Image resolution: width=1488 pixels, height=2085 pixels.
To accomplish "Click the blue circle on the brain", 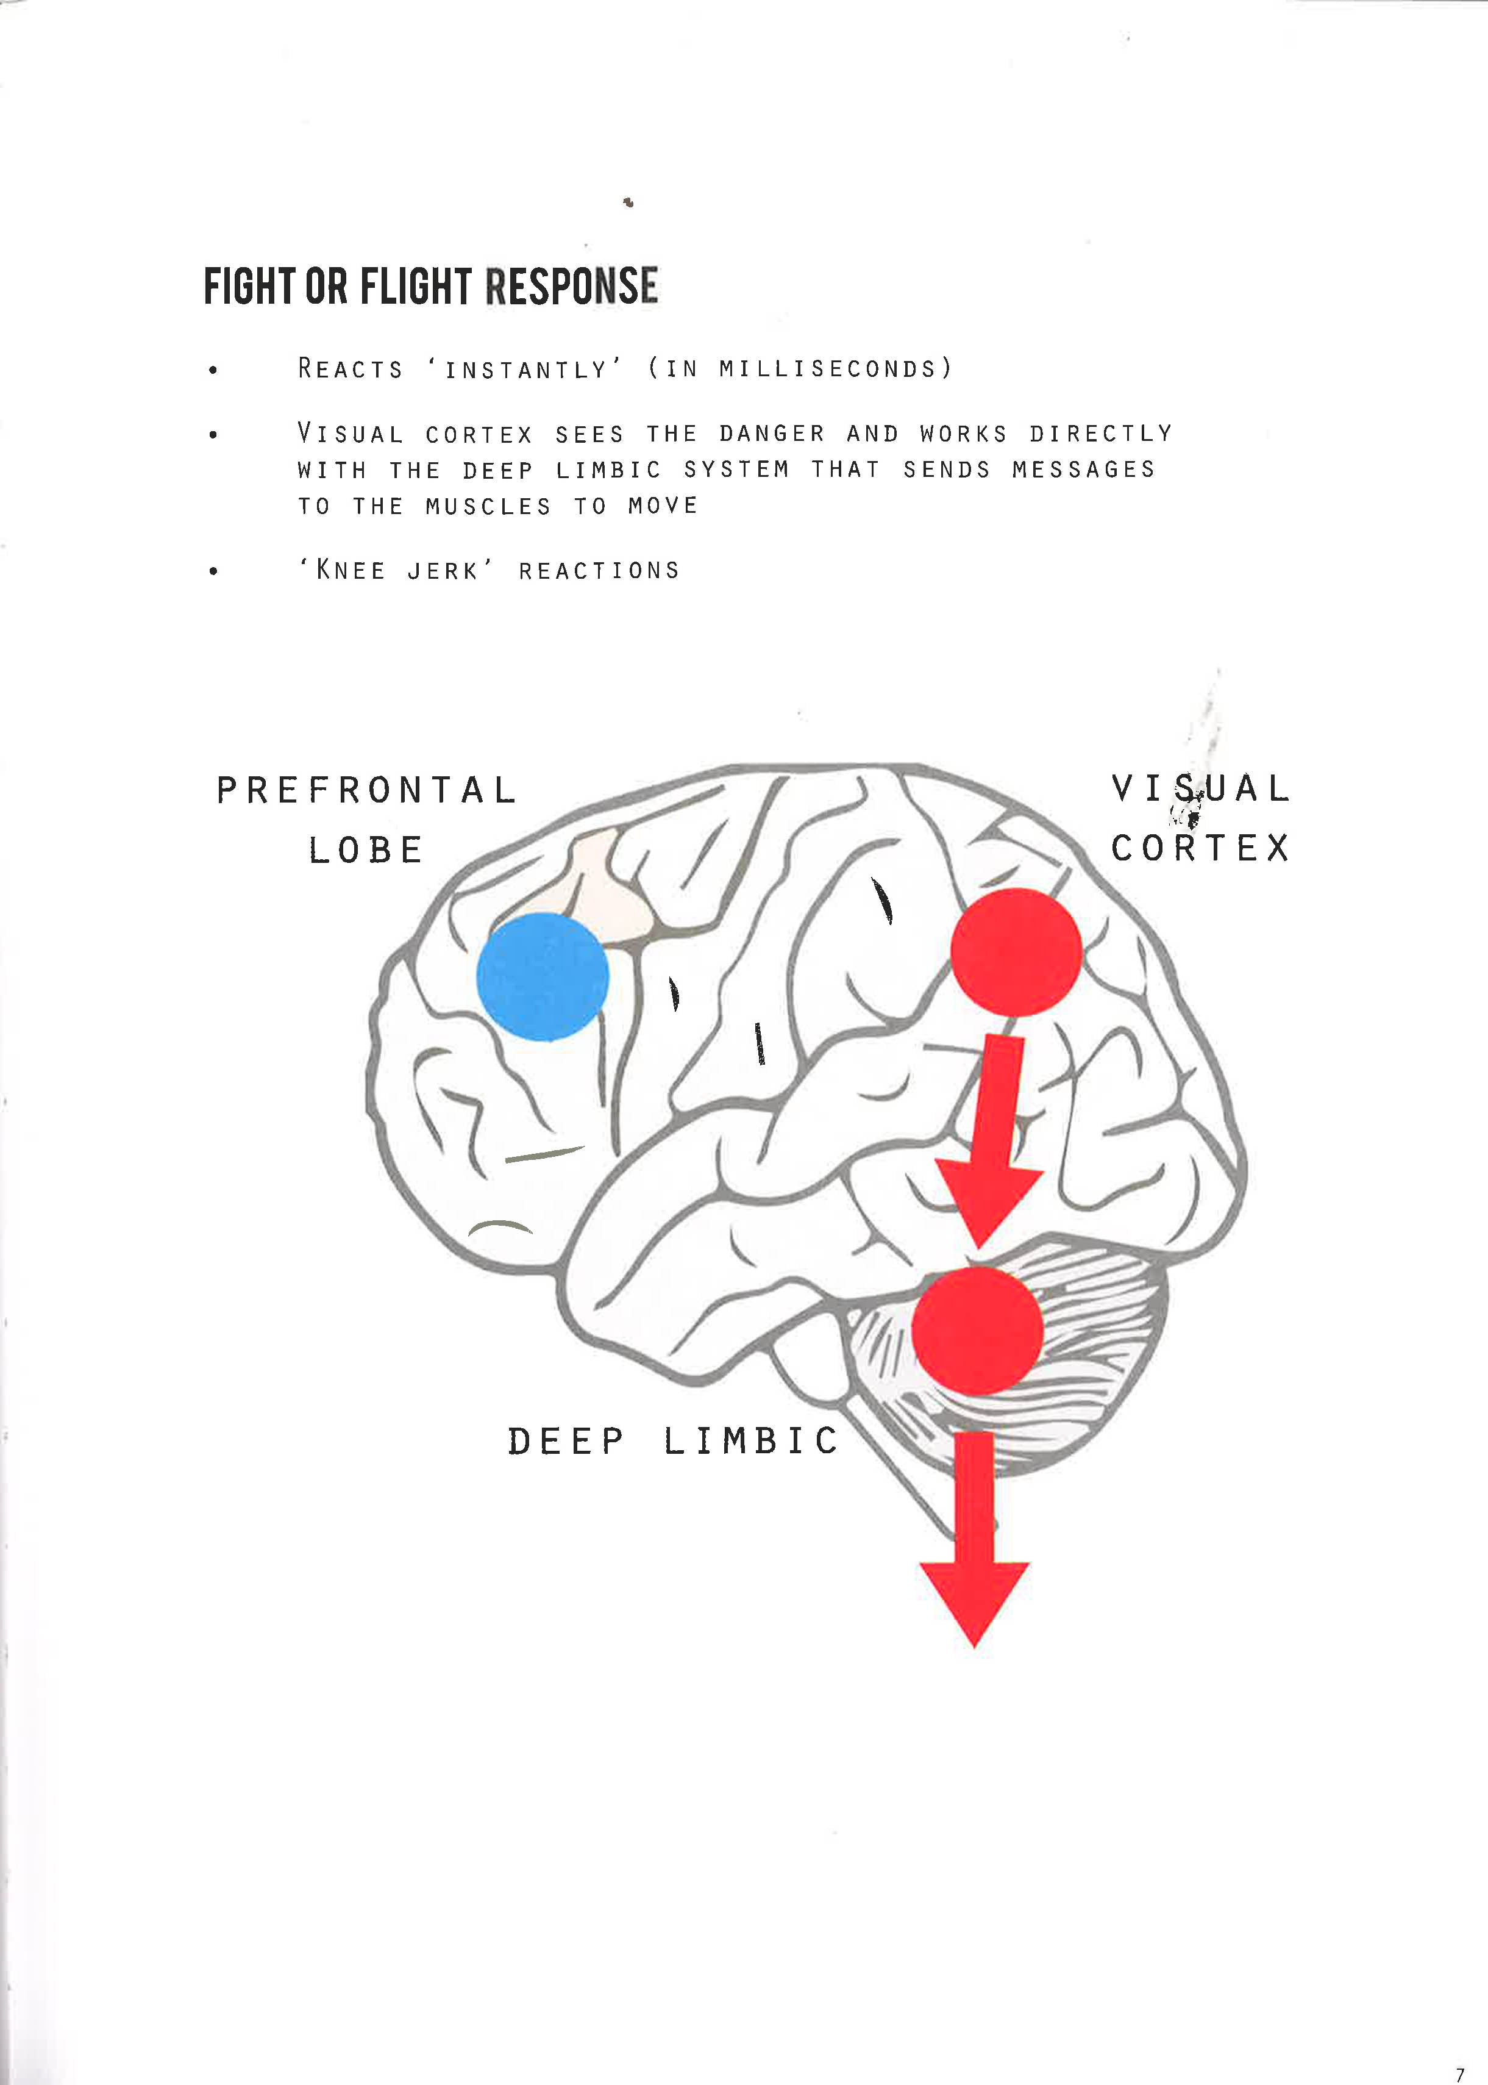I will pyautogui.click(x=543, y=976).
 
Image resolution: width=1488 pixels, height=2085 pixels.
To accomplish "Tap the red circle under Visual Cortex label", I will pyautogui.click(x=1016, y=951).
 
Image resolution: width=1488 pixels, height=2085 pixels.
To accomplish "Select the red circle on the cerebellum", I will pyautogui.click(x=978, y=1331).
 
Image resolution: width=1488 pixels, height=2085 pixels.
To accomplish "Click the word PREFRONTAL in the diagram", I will pyautogui.click(x=366, y=790).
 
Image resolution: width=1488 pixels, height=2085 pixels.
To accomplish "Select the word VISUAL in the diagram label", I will pyautogui.click(x=1200, y=788).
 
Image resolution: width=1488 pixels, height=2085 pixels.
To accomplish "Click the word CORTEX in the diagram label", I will pyautogui.click(x=1200, y=848).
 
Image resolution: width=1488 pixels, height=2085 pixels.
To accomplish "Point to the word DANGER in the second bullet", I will pyautogui.click(x=772, y=434).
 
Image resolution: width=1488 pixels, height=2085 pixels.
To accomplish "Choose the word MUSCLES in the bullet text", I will pyautogui.click(x=488, y=507).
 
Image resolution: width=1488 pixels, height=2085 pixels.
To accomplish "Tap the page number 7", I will pyautogui.click(x=1459, y=2050).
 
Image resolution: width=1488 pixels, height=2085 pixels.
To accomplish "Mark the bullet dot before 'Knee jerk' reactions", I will pyautogui.click(x=213, y=572).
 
